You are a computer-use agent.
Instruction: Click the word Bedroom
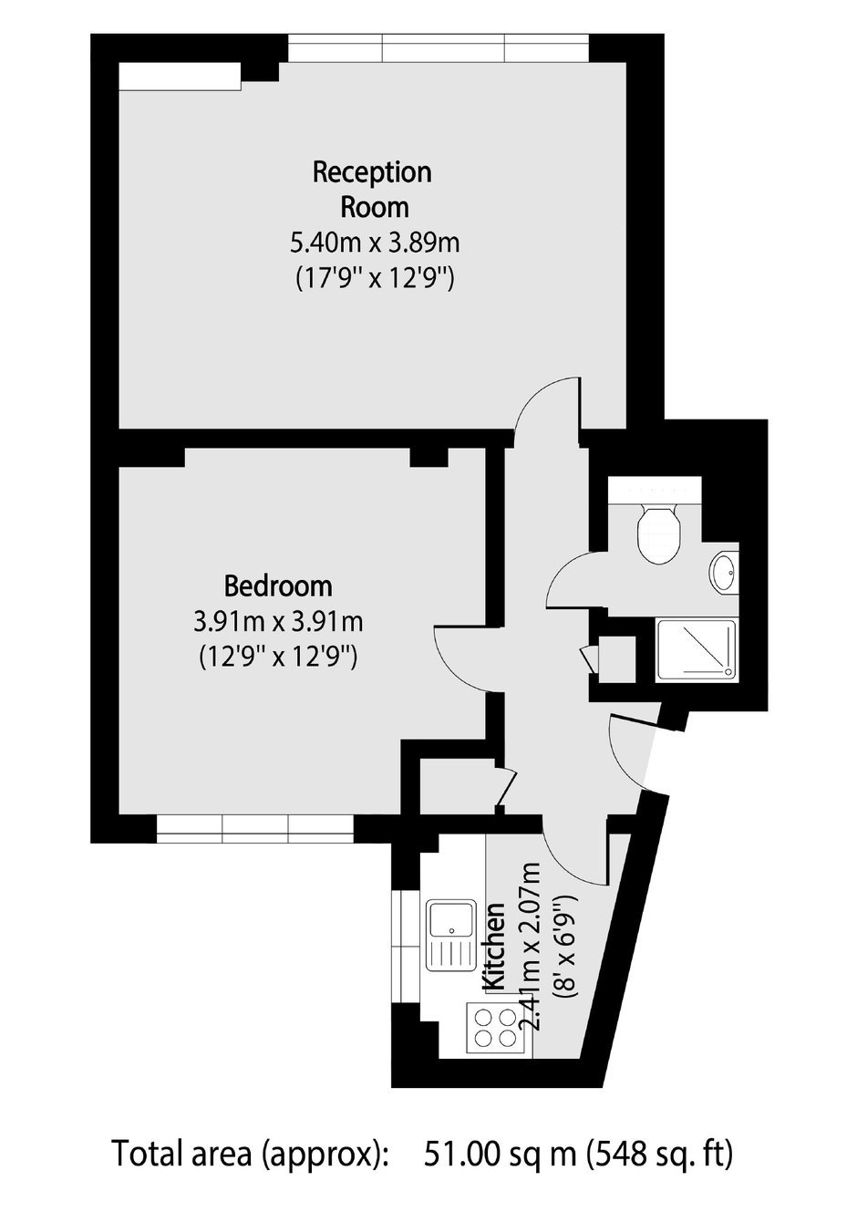tap(278, 586)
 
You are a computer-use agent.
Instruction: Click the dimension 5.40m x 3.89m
tap(375, 243)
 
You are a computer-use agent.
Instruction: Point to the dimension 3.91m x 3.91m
tap(278, 622)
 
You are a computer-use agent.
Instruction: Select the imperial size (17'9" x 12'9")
tap(375, 279)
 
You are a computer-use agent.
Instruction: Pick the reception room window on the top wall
tap(438, 48)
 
